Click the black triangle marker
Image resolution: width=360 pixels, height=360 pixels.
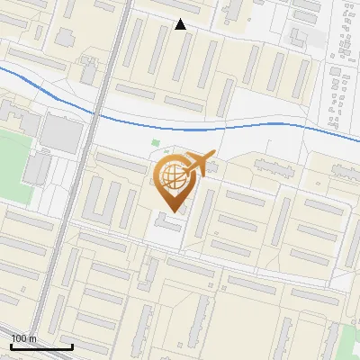(x=181, y=24)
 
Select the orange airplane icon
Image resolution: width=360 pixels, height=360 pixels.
(x=199, y=164)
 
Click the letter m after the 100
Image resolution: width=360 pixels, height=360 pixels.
(x=33, y=338)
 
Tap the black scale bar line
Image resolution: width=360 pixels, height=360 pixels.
(x=41, y=346)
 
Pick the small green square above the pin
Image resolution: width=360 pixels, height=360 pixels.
(x=156, y=142)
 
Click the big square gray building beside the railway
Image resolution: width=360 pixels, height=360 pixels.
(x=62, y=133)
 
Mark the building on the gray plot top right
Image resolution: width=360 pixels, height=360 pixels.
(x=299, y=36)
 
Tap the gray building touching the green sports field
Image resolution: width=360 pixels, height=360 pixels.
(x=38, y=168)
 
